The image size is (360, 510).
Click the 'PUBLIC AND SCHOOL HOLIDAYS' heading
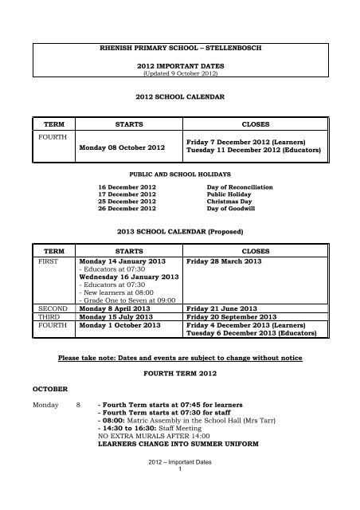click(179, 172)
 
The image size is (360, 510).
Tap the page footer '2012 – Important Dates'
click(179, 484)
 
